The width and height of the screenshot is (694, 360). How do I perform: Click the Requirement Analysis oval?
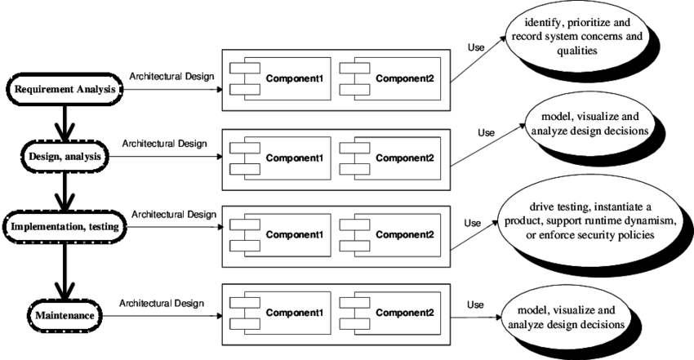(x=65, y=89)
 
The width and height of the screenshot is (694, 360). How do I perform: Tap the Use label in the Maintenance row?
(x=475, y=304)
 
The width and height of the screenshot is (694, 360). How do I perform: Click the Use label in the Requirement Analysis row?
(x=476, y=47)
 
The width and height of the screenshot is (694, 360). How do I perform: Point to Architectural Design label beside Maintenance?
(x=161, y=303)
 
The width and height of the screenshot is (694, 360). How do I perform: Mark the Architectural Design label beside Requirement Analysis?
(x=171, y=77)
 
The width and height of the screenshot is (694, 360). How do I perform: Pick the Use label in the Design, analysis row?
(x=486, y=132)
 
